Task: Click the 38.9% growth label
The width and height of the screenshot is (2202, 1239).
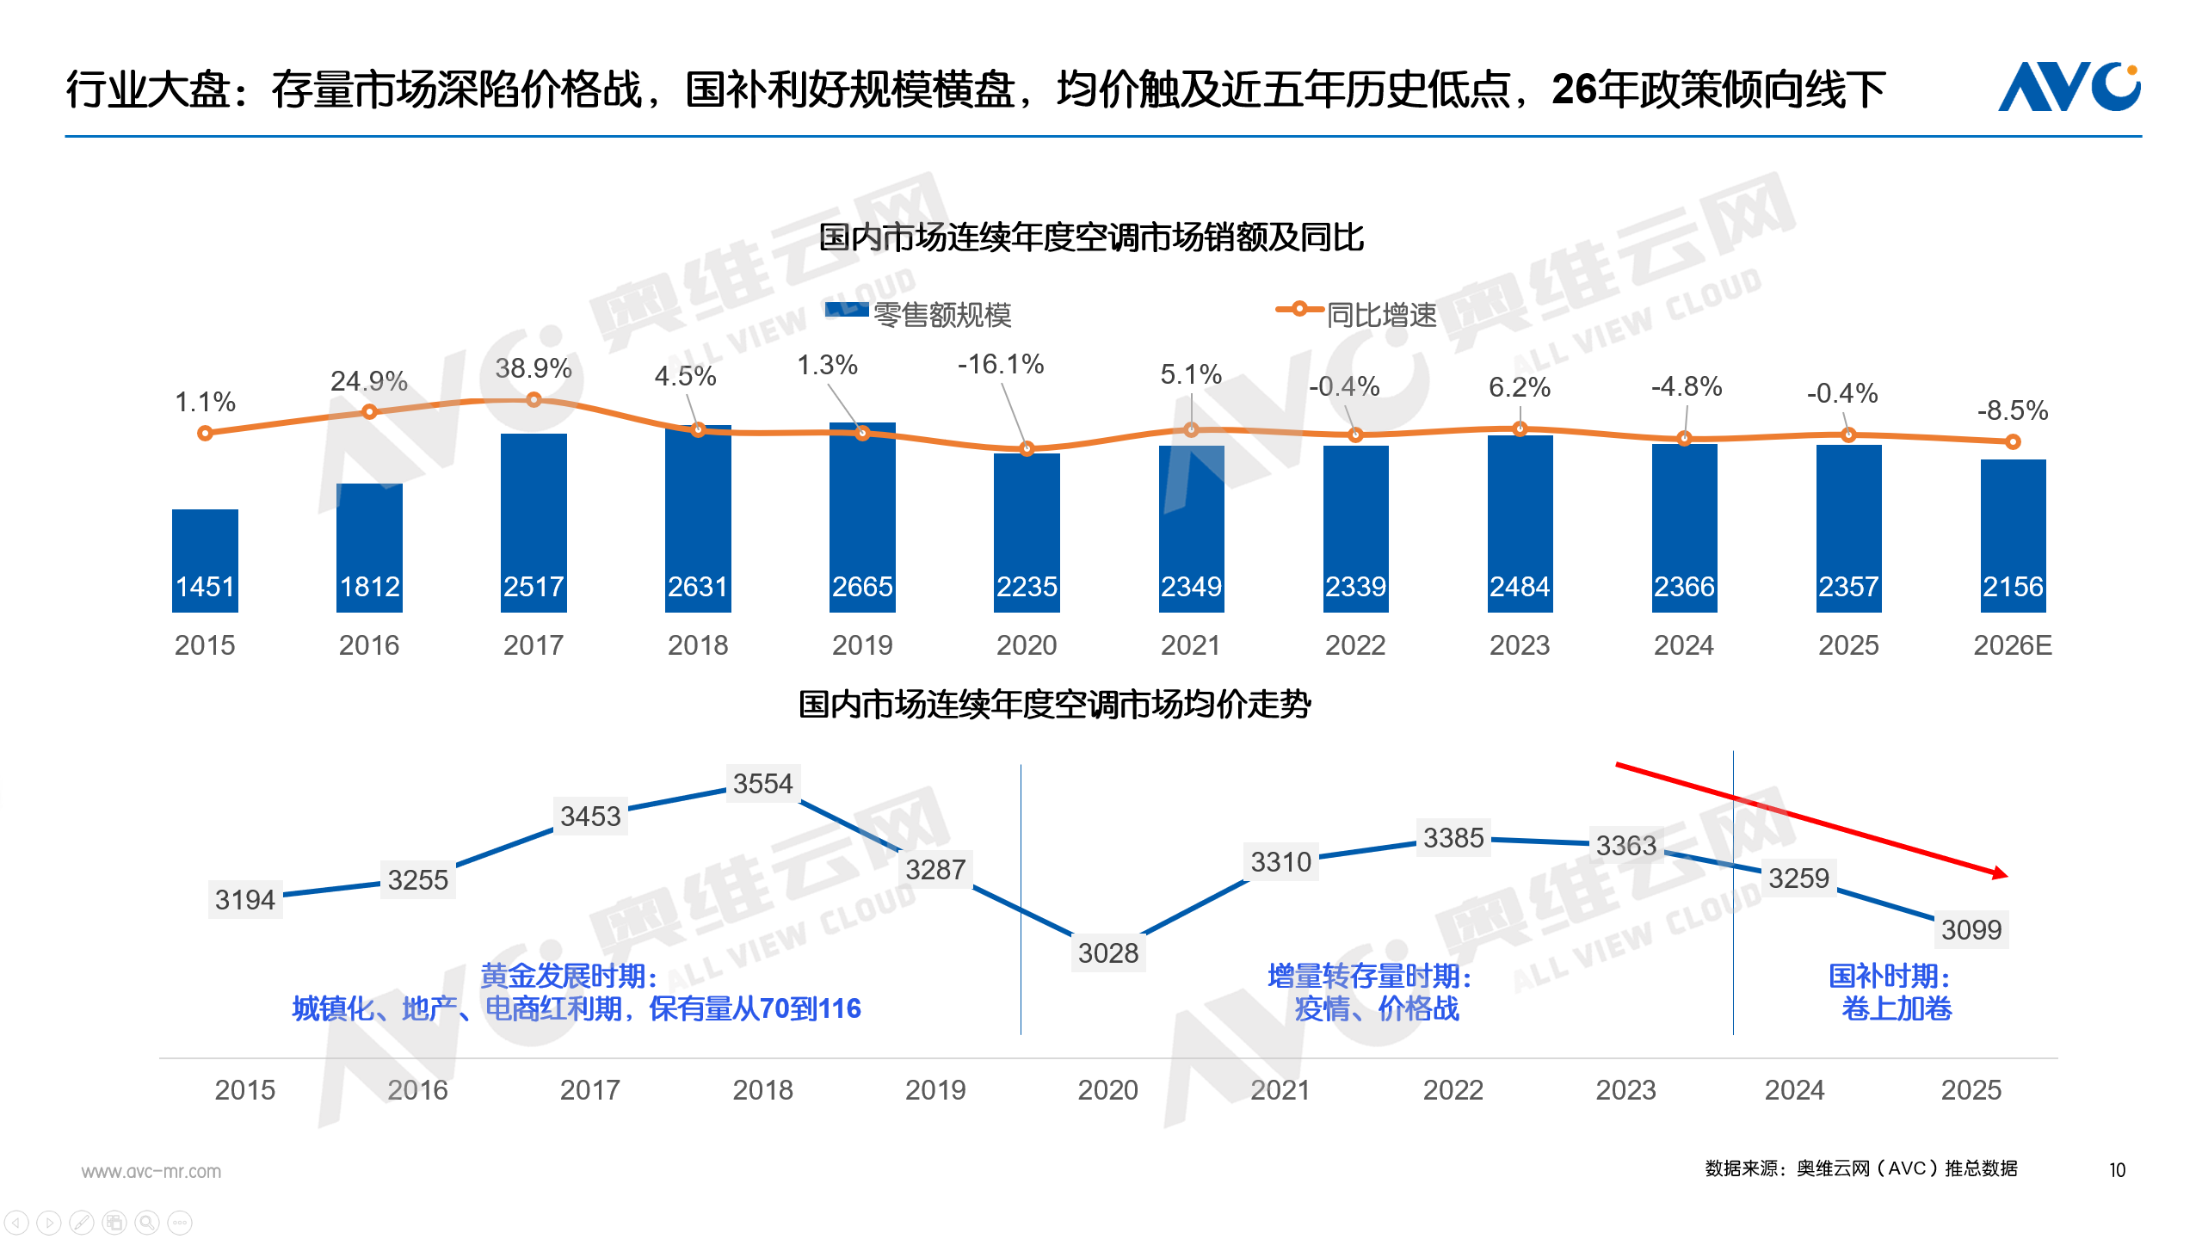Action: [x=534, y=368]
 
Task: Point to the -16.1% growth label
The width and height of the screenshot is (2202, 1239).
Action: [x=1000, y=364]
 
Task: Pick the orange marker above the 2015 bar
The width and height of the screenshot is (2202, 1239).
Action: [x=205, y=433]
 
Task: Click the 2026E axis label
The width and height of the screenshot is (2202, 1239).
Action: [x=2012, y=644]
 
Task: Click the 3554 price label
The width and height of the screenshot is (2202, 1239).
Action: [x=762, y=783]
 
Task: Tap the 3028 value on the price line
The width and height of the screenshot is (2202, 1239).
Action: [x=1107, y=952]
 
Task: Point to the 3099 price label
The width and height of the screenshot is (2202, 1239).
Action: [x=1971, y=929]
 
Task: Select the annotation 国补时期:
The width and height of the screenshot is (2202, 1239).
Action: [x=1888, y=976]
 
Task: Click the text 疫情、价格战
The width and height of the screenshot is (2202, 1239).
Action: [x=1377, y=1008]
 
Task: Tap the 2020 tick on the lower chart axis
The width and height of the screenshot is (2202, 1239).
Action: [x=1107, y=1089]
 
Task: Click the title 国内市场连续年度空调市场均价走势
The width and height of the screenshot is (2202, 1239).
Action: [x=1054, y=704]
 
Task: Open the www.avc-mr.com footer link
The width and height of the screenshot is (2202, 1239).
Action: [x=151, y=1171]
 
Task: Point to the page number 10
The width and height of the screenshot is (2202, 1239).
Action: [x=2117, y=1170]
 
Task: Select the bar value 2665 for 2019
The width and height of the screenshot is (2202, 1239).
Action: [x=862, y=586]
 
